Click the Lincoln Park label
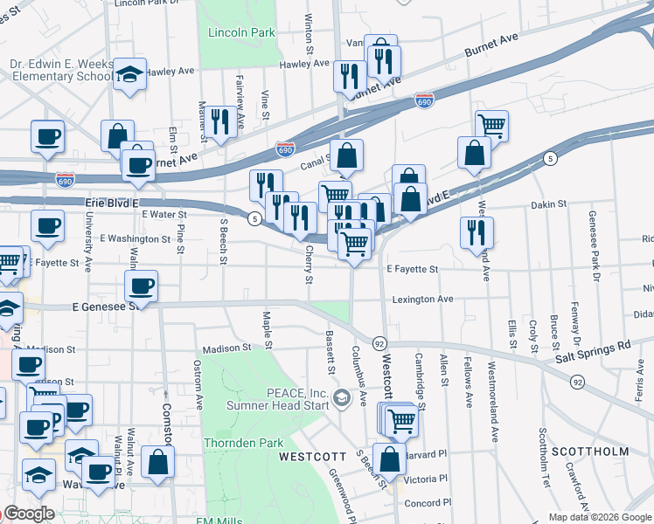point(241,33)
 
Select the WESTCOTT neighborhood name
point(307,457)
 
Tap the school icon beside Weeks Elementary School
point(130,75)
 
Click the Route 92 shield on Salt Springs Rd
point(577,382)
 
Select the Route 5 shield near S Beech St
point(254,217)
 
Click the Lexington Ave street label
point(422,299)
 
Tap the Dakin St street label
point(548,204)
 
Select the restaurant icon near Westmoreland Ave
point(477,233)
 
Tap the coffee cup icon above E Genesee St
point(141,286)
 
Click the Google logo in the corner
point(28,514)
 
